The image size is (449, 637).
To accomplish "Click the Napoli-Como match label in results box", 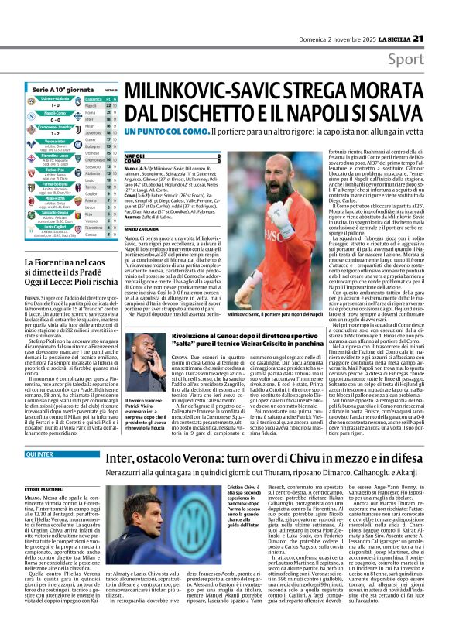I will (55, 112).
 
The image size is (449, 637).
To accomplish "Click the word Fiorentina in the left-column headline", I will (56, 242).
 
